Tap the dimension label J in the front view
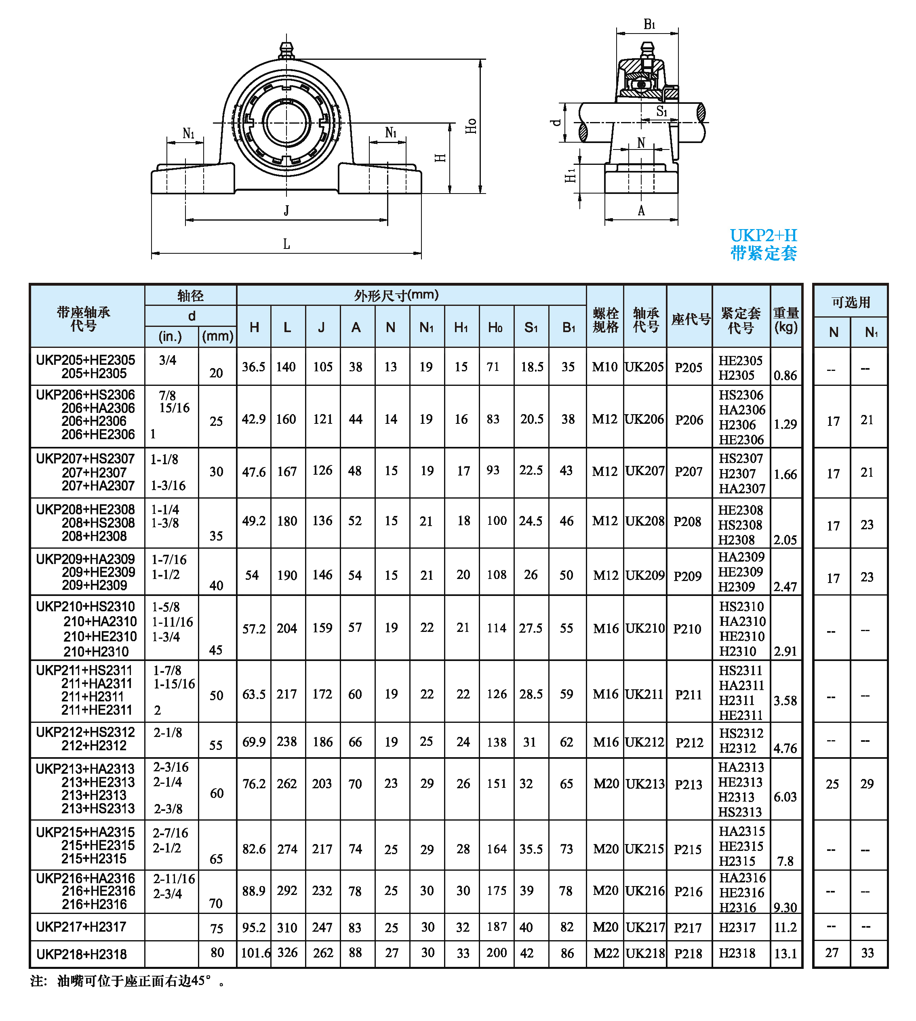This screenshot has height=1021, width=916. click(x=286, y=211)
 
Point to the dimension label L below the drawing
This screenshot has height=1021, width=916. click(x=286, y=244)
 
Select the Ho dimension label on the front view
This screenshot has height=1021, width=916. click(x=471, y=126)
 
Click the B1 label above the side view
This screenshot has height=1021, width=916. click(x=649, y=24)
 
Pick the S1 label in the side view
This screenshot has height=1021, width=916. click(x=661, y=111)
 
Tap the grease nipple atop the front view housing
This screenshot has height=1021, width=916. click(x=286, y=51)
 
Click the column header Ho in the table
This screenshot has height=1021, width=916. click(x=495, y=328)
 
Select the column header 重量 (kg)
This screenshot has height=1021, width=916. click(x=785, y=320)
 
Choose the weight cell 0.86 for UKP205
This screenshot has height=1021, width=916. click(x=785, y=375)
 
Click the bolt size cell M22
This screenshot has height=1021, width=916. click(x=605, y=953)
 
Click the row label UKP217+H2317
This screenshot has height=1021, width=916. click(x=81, y=926)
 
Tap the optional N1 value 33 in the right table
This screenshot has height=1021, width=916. click(x=867, y=953)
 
